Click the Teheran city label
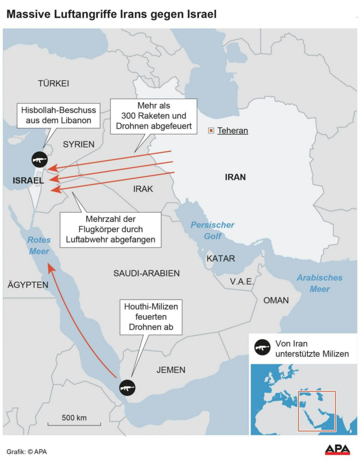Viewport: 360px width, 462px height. click(233, 131)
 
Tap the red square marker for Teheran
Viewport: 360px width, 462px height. click(211, 131)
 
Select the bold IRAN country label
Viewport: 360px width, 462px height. click(235, 177)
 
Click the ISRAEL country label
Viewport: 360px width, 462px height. click(28, 180)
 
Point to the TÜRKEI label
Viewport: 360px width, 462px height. click(53, 83)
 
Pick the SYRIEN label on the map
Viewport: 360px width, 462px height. click(78, 144)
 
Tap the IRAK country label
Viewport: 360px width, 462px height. click(143, 189)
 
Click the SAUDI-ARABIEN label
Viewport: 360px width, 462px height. click(147, 273)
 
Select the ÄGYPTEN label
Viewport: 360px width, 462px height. click(28, 285)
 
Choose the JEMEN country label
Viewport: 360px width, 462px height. click(171, 370)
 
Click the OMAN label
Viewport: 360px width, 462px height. click(276, 300)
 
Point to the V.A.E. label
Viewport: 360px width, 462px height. click(242, 282)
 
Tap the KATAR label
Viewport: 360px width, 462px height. click(221, 259)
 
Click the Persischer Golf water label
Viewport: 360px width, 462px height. click(212, 230)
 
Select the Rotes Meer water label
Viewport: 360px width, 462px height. click(39, 246)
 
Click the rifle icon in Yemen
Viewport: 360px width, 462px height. click(127, 387)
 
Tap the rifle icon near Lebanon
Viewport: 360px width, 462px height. click(39, 160)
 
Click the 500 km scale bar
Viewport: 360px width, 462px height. click(74, 423)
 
